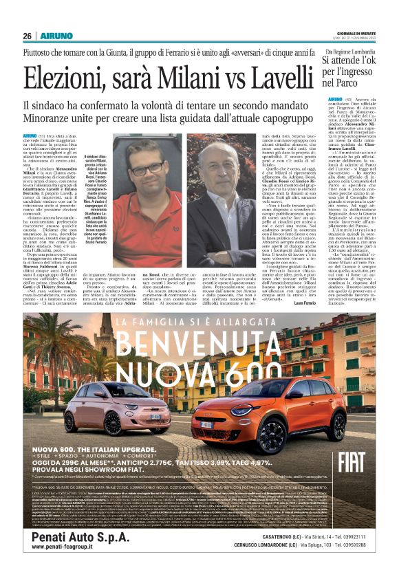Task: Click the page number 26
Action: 27,35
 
